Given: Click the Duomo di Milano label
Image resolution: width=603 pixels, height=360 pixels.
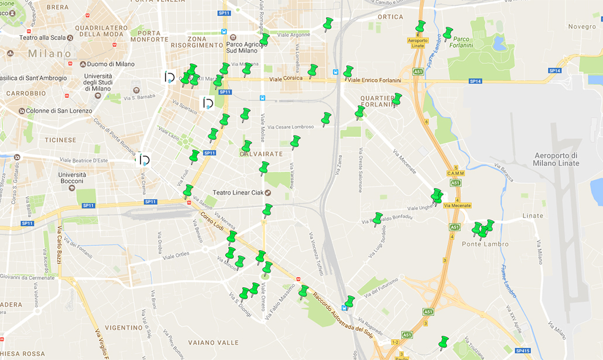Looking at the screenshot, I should pyautogui.click(x=110, y=64).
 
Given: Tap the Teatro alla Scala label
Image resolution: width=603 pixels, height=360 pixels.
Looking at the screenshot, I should pyautogui.click(x=41, y=37).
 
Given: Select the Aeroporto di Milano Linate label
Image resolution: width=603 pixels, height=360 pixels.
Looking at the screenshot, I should pyautogui.click(x=556, y=159).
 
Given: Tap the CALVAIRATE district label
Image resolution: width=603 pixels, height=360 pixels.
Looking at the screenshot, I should pyautogui.click(x=261, y=154).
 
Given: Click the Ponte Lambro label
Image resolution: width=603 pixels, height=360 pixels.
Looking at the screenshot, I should pyautogui.click(x=485, y=244).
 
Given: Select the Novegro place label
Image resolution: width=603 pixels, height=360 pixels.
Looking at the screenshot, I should pyautogui.click(x=581, y=26).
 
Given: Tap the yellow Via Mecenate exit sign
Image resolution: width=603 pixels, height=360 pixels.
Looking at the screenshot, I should pyautogui.click(x=457, y=205).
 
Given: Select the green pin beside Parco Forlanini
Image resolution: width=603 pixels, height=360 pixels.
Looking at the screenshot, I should pyautogui.click(x=448, y=33).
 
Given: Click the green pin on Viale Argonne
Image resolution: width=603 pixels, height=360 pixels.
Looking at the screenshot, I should pyautogui.click(x=328, y=23).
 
